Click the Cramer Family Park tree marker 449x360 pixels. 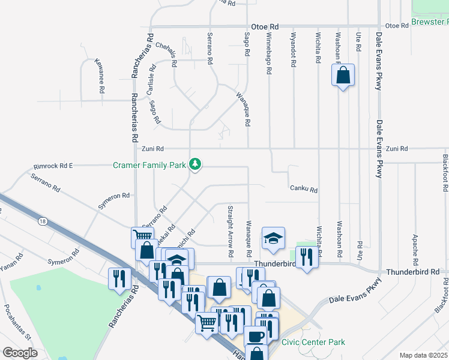(195, 164)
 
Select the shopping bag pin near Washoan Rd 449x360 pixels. (343, 76)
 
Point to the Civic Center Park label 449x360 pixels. (313, 342)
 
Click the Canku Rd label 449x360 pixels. (303, 189)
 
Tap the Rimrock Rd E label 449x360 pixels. (53, 165)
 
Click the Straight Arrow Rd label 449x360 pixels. (230, 235)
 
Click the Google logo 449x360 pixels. (19, 353)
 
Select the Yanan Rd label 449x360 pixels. (12, 259)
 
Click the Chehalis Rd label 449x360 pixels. (166, 53)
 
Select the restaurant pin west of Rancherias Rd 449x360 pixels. (118, 278)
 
